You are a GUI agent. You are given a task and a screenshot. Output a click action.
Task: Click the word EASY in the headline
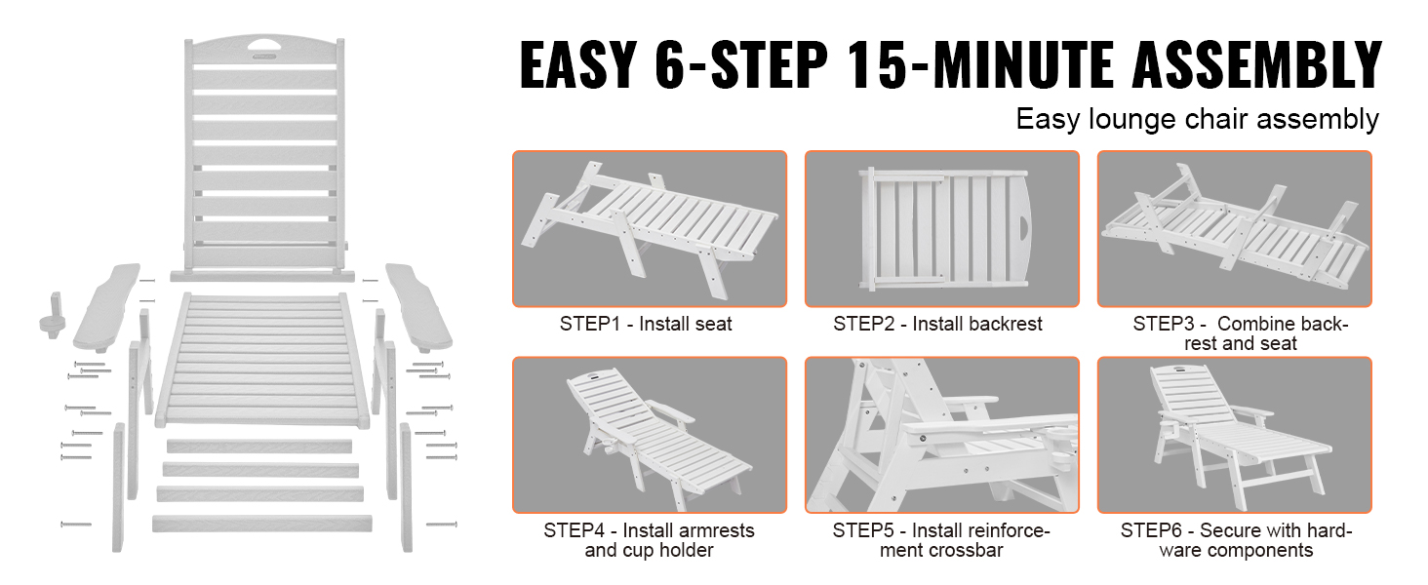click(x=578, y=63)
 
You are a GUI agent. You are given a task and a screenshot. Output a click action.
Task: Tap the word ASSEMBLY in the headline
click(x=1256, y=63)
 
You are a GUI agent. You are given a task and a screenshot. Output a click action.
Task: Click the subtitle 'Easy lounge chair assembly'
click(x=1197, y=119)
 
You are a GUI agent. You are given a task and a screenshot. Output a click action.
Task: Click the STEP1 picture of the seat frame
click(x=650, y=229)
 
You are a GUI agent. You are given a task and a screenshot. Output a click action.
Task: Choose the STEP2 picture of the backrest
click(x=941, y=229)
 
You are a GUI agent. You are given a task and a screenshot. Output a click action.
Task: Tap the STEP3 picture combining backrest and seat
click(x=1234, y=229)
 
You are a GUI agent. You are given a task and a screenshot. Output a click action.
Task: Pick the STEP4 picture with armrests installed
click(x=650, y=435)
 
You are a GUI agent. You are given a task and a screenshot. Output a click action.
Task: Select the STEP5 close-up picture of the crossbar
click(x=941, y=435)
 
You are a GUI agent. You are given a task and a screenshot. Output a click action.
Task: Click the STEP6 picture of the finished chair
click(x=1234, y=435)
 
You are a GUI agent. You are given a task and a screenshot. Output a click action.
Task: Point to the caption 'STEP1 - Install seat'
click(x=646, y=324)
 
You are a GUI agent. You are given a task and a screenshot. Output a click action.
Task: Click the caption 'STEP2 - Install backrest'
click(x=937, y=324)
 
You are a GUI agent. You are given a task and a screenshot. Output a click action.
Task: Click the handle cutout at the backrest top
click(x=265, y=47)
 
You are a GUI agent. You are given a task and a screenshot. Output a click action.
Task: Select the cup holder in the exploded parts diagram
click(x=53, y=314)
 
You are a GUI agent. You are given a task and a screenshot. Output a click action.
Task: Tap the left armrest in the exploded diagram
click(x=107, y=307)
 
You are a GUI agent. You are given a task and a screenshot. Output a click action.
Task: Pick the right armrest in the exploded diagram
click(x=418, y=307)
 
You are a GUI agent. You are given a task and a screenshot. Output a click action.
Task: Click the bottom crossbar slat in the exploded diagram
click(x=262, y=524)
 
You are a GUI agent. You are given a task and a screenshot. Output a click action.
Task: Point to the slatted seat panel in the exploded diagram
click(x=262, y=361)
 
